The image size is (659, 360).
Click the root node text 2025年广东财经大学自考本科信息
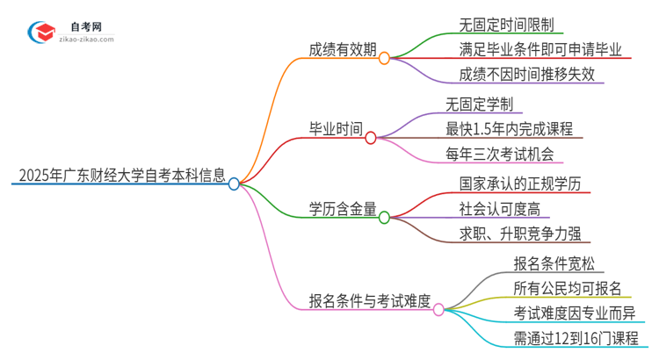tap(118, 174)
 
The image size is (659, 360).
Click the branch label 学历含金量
tap(343, 208)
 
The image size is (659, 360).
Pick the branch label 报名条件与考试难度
tap(369, 301)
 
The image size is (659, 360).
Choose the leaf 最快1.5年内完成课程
tap(509, 129)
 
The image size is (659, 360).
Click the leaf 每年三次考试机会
tap(503, 155)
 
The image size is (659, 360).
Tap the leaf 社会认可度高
tap(499, 209)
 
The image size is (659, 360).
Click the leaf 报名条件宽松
tap(553, 263)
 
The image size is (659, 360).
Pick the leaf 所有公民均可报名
tap(567, 288)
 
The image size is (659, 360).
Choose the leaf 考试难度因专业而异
tap(574, 313)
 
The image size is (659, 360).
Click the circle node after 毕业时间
tap(370, 138)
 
